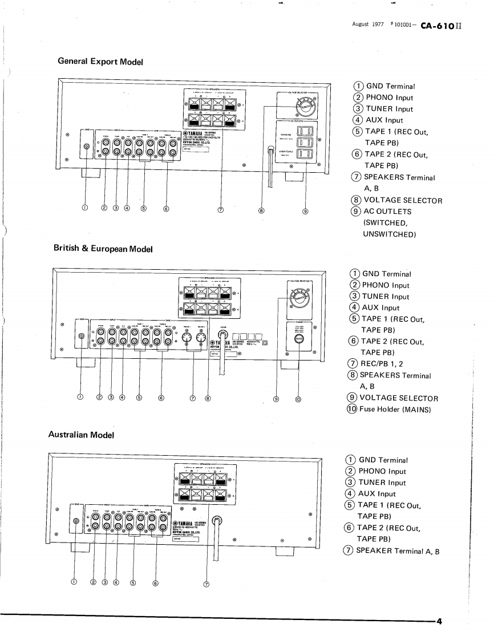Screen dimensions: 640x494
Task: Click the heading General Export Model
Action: tap(100, 61)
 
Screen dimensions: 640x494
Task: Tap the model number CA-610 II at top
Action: tap(436, 26)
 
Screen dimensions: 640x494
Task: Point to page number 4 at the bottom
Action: tap(439, 621)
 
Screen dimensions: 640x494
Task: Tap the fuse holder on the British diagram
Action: tap(299, 339)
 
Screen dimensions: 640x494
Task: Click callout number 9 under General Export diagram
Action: tap(305, 210)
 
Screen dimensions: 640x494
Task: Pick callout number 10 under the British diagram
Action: tap(298, 399)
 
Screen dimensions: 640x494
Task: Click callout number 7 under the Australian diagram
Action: tap(206, 583)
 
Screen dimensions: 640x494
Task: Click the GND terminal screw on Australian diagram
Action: tap(76, 521)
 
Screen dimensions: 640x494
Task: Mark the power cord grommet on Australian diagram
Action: tap(217, 521)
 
